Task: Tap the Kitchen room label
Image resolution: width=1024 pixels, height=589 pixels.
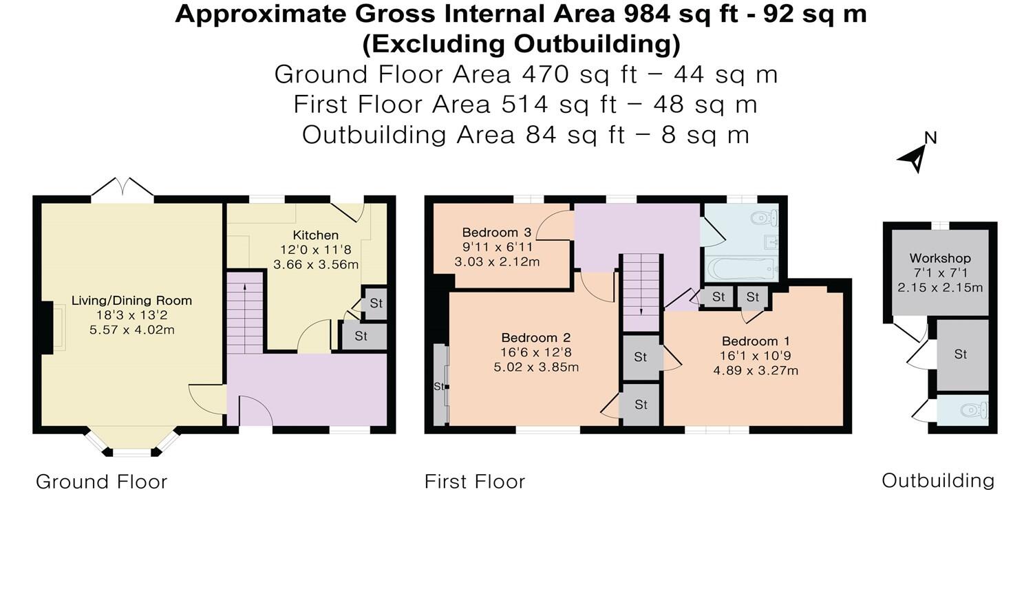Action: (x=316, y=235)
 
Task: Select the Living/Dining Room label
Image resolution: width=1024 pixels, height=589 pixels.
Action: (x=131, y=301)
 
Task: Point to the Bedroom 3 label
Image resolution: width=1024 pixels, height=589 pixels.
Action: (x=497, y=233)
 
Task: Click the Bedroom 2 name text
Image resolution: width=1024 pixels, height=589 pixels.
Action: (x=536, y=338)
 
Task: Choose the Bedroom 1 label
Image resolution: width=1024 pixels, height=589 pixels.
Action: (x=756, y=341)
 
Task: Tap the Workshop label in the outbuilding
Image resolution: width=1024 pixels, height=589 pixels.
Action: (x=940, y=258)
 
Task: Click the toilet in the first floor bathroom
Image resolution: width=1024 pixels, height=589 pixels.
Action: (x=765, y=219)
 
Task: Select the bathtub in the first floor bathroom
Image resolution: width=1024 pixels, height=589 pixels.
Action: (x=741, y=268)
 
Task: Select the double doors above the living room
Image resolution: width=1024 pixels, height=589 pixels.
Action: (x=122, y=188)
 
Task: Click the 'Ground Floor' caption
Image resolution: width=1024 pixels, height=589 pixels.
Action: (x=102, y=482)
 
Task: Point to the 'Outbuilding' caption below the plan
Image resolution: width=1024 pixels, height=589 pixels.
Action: (x=938, y=480)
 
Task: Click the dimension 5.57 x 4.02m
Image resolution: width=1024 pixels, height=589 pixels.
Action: (x=131, y=330)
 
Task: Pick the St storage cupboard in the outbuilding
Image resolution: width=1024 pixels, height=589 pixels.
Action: (x=961, y=354)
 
